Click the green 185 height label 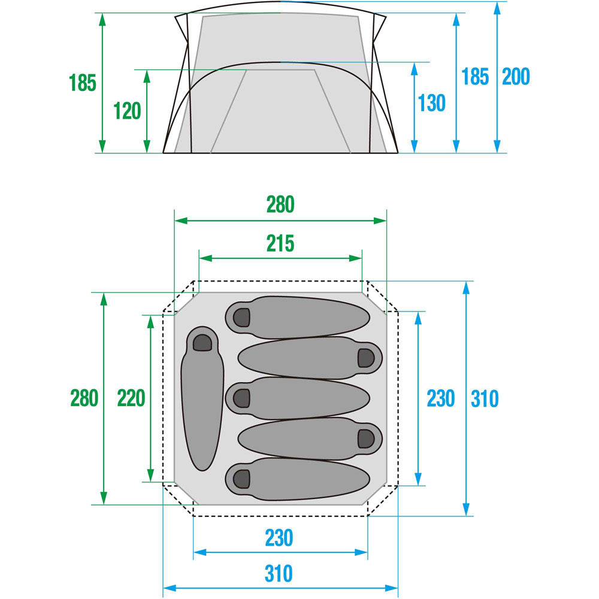click(x=83, y=83)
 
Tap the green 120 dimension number click(x=127, y=111)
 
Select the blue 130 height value click(x=432, y=103)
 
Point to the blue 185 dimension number click(x=475, y=77)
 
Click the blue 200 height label click(x=516, y=77)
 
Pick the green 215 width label click(x=280, y=244)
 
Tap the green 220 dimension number click(x=131, y=398)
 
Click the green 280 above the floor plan click(x=280, y=205)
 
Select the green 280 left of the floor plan click(x=84, y=398)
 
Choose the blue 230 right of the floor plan click(x=441, y=398)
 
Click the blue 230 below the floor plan click(x=280, y=537)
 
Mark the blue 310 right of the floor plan click(x=485, y=398)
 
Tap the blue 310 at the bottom click(x=280, y=574)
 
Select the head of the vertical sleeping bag click(x=202, y=342)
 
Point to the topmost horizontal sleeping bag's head click(x=241, y=316)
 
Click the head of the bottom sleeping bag click(x=241, y=479)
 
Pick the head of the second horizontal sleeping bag click(x=366, y=358)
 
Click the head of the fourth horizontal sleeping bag click(x=366, y=438)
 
